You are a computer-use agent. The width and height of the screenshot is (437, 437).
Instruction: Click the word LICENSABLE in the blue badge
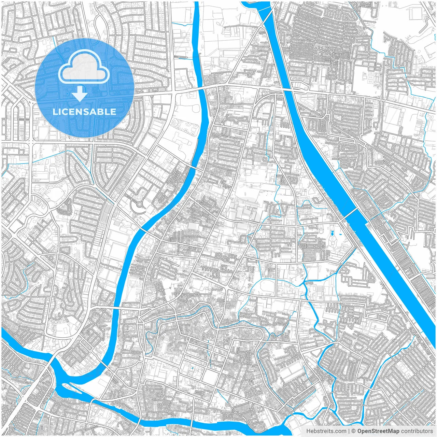(84, 112)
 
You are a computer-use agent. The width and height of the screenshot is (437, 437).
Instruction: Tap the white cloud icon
(84, 67)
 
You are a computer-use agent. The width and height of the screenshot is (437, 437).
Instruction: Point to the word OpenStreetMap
(378, 431)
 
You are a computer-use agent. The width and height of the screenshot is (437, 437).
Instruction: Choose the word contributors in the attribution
(417, 431)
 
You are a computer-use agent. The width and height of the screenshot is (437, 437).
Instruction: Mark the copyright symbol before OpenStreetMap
(354, 431)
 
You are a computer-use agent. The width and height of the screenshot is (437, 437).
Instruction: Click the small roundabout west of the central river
(139, 205)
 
